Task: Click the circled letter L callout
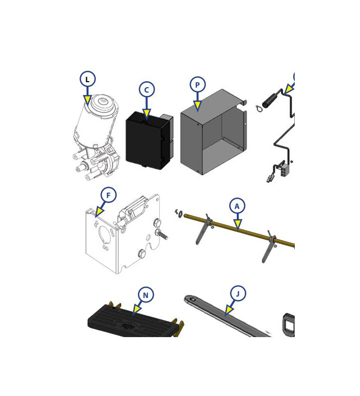pos(88,79)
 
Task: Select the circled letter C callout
pos(146,90)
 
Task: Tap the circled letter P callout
pos(197,85)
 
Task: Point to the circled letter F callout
pos(108,195)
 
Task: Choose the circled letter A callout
pos(237,206)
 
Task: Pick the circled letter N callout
pos(146,295)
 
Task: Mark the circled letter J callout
pos(238,294)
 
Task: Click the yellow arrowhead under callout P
pos(197,105)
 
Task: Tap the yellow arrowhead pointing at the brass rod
pos(238,225)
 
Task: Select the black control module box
pos(149,141)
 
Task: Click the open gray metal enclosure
pos(214,132)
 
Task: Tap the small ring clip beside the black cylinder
pos(258,108)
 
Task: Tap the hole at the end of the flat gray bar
pos(193,299)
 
